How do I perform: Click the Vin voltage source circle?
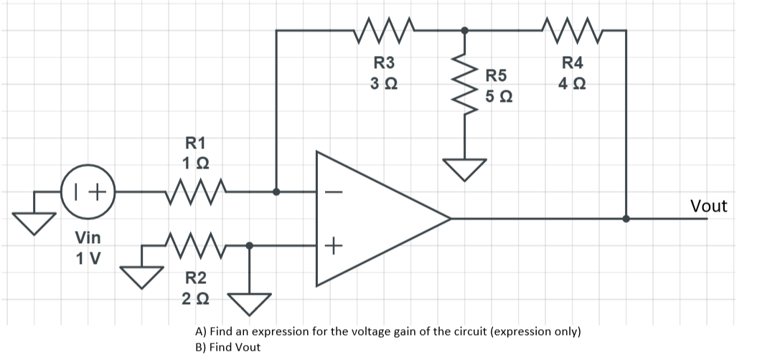tap(89, 191)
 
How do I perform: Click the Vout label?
tap(707, 207)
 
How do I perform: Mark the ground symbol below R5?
tap(465, 169)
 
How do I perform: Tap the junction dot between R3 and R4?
tap(465, 30)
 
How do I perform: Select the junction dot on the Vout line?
tap(626, 219)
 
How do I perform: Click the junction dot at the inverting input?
tap(276, 191)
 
